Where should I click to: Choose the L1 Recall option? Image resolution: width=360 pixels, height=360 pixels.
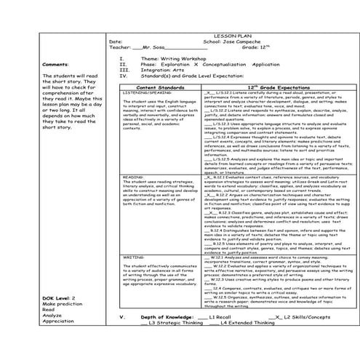click(218, 319)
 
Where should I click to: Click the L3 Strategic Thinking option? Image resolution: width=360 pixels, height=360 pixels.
click(179, 325)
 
